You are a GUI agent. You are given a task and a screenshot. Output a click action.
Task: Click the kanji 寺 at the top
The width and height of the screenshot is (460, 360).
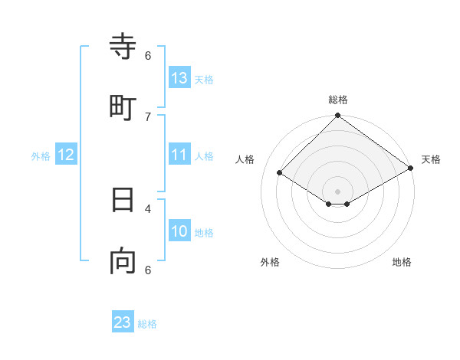pyautogui.click(x=123, y=47)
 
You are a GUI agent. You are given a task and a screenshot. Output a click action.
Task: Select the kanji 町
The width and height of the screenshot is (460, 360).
pyautogui.click(x=123, y=107)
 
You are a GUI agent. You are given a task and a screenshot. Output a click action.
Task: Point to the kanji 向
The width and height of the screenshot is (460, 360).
pyautogui.click(x=123, y=261)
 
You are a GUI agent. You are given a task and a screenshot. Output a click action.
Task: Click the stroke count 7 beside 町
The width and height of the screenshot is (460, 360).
pyautogui.click(x=148, y=116)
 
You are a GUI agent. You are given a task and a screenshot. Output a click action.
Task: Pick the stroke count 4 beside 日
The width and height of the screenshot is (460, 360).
pyautogui.click(x=148, y=208)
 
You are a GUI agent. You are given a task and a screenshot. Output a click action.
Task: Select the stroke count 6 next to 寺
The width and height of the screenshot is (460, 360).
pyautogui.click(x=148, y=55)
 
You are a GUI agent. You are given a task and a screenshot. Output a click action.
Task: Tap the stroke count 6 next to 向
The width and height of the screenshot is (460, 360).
pyautogui.click(x=148, y=270)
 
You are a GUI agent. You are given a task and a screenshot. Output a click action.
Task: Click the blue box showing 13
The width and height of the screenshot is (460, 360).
pyautogui.click(x=179, y=77)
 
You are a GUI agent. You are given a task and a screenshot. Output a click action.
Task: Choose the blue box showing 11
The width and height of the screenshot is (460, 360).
pyautogui.click(x=179, y=155)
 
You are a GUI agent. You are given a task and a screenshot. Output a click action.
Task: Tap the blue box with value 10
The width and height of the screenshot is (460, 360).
pyautogui.click(x=179, y=231)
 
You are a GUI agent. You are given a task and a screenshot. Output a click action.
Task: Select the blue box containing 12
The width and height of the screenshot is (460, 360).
pyautogui.click(x=66, y=155)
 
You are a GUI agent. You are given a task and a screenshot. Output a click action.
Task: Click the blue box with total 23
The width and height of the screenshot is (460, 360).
pyautogui.click(x=123, y=322)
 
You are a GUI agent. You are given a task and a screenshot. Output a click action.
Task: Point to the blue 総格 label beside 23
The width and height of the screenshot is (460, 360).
pyautogui.click(x=147, y=324)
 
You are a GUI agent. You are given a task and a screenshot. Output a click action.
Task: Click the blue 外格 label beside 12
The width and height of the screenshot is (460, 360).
pyautogui.click(x=41, y=156)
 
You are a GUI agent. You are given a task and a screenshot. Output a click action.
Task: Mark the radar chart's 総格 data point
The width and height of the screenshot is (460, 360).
pyautogui.click(x=337, y=116)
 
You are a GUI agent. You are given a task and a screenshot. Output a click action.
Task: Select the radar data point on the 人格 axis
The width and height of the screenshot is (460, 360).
pyautogui.click(x=280, y=173)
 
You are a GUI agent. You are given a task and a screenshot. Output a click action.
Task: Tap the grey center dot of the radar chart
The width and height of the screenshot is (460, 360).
pyautogui.click(x=337, y=191)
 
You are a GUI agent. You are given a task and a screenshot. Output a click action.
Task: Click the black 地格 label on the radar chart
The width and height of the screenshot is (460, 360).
pyautogui.click(x=402, y=263)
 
